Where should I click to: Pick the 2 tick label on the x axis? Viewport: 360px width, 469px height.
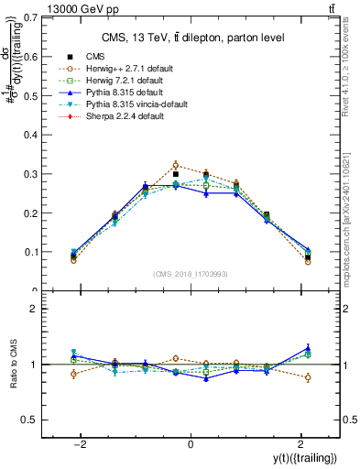click(x=300, y=443)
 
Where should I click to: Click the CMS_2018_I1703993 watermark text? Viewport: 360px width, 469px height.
click(x=191, y=274)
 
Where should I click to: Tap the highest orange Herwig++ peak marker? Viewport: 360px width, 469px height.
click(x=176, y=166)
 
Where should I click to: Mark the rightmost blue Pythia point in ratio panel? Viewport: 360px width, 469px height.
click(x=308, y=348)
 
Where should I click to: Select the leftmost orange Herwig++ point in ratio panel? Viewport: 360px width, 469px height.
click(x=73, y=374)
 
